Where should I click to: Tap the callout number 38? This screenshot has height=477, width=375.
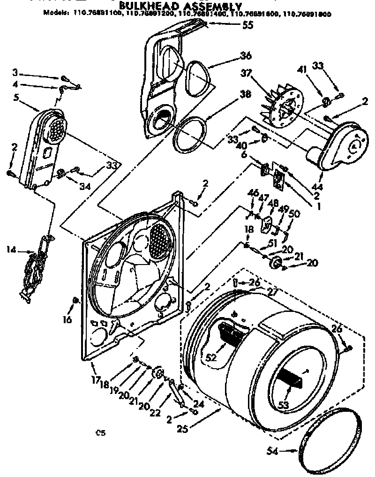pyautogui.click(x=245, y=93)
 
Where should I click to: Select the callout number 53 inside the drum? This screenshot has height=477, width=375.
pyautogui.click(x=284, y=404)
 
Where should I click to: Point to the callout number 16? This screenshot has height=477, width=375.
pyautogui.click(x=68, y=320)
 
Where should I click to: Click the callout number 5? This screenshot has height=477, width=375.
pyautogui.click(x=16, y=98)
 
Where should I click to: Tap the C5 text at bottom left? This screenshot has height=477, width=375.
pyautogui.click(x=100, y=433)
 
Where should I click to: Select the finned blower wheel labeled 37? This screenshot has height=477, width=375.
pyautogui.click(x=280, y=109)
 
